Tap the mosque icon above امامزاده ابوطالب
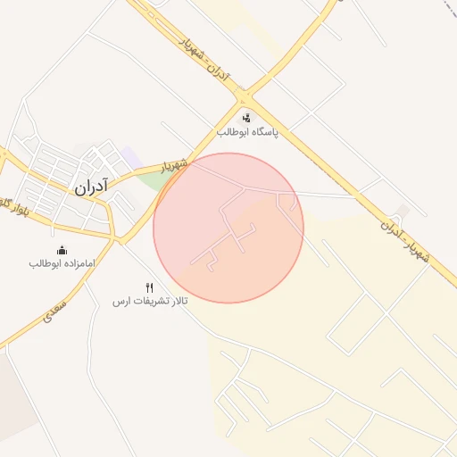tap(62, 250)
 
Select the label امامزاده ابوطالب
tap(62, 263)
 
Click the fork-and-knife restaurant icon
tap(150, 287)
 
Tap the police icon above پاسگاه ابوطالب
tap(246, 118)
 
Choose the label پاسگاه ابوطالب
tap(247, 132)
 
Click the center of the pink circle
tap(228, 228)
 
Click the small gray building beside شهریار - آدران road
tap(403, 212)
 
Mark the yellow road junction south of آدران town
tap(120, 240)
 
